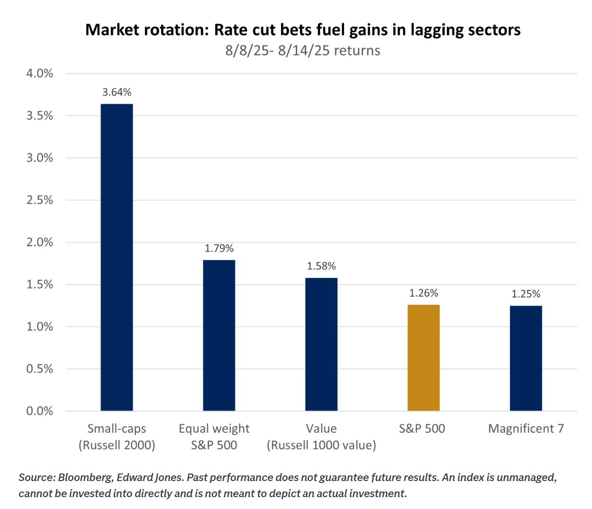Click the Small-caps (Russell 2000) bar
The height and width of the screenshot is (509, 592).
(x=116, y=257)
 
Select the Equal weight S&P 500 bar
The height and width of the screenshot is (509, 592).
(x=219, y=335)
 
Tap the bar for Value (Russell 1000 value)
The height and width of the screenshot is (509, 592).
(x=321, y=344)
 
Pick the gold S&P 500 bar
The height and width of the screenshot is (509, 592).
(x=424, y=357)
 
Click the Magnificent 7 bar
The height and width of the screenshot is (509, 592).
(x=526, y=358)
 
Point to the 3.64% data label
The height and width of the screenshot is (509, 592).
(x=117, y=92)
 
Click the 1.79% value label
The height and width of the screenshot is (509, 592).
(x=219, y=249)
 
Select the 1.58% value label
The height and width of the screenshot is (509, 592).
(x=321, y=266)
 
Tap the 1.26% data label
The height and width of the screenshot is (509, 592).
(x=424, y=293)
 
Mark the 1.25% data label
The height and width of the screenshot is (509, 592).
(x=526, y=294)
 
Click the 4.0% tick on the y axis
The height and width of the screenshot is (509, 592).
(x=40, y=73)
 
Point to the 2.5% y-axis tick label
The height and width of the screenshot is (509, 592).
(x=40, y=200)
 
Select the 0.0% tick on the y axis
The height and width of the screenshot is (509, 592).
(x=40, y=411)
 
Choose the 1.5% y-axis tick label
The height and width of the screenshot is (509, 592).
(x=40, y=285)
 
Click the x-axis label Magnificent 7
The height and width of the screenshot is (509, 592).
(x=526, y=429)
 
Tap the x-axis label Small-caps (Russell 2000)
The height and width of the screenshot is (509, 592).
(x=117, y=437)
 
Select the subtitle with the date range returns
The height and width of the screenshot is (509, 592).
(x=302, y=51)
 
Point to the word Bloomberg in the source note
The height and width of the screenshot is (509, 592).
(x=85, y=477)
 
